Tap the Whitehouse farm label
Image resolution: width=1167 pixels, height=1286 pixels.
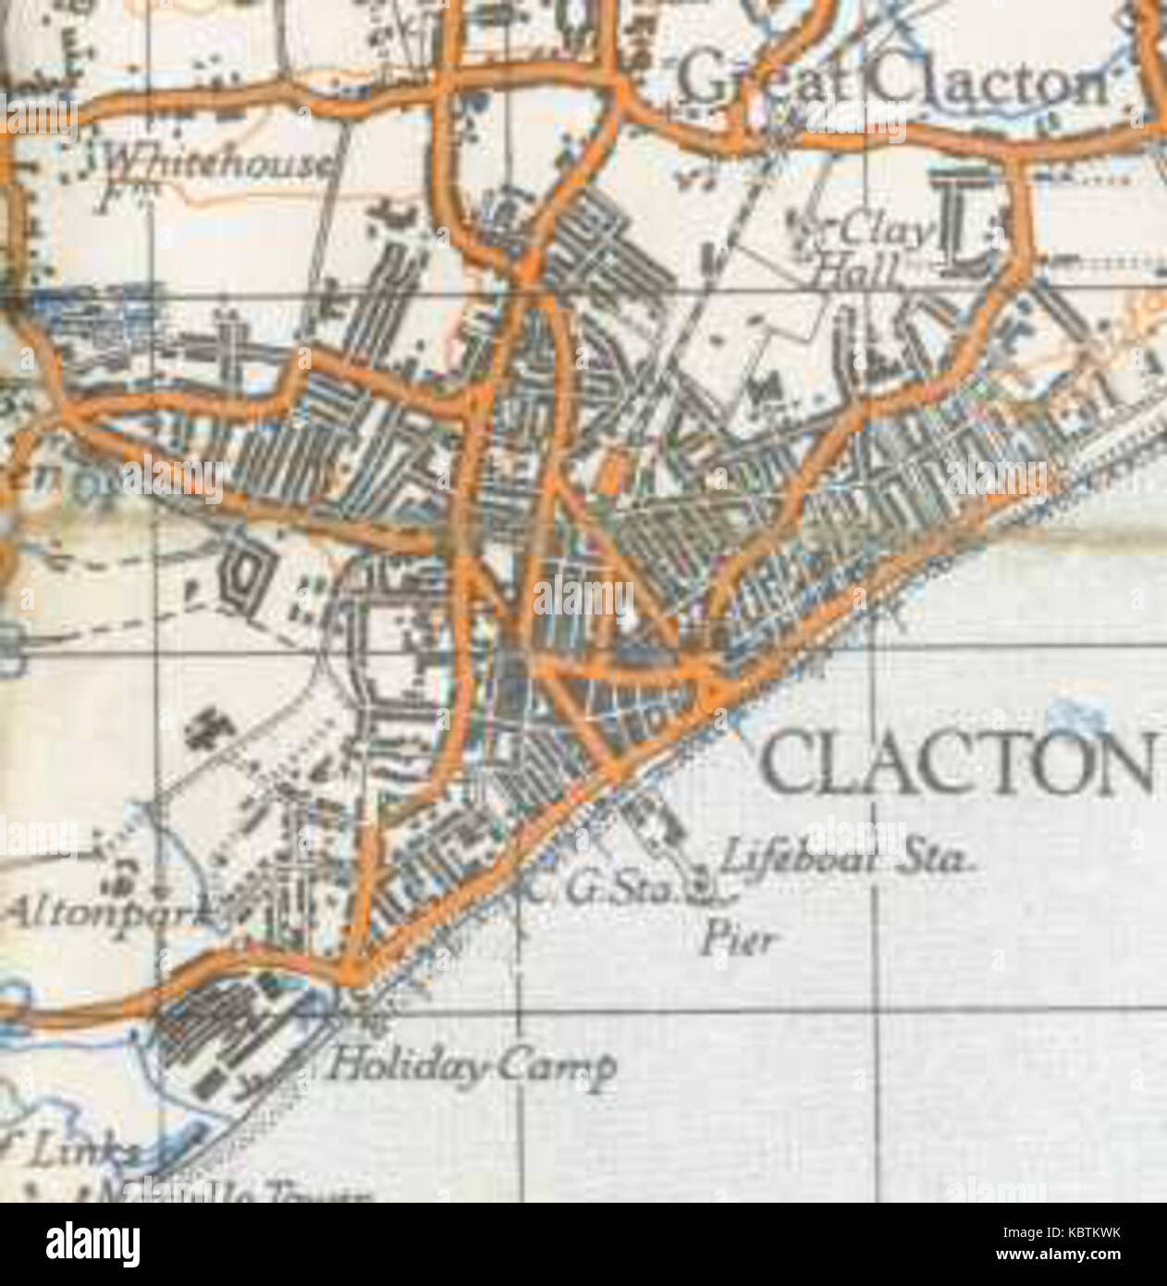tap(216, 165)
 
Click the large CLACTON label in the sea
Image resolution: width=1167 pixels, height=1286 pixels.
tap(958, 764)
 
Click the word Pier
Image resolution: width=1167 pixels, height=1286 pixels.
tap(737, 942)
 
